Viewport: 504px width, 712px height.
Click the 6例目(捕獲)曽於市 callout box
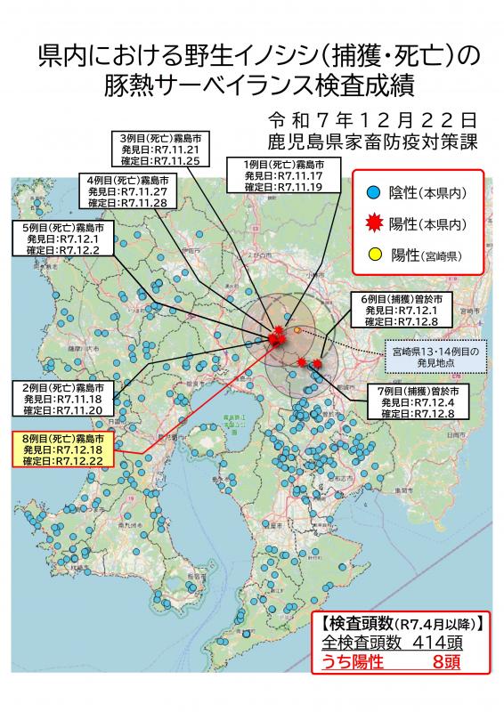[x=405, y=308]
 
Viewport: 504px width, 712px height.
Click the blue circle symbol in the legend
[x=375, y=191]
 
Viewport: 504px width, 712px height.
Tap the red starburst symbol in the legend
[x=375, y=222]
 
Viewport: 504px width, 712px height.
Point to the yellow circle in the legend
[x=375, y=255]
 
